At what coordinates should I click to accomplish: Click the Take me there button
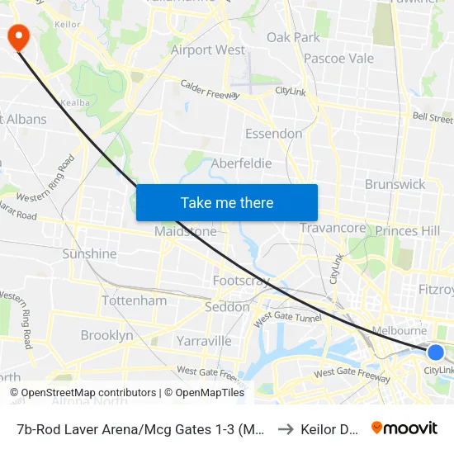(227, 202)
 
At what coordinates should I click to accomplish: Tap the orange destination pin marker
(17, 35)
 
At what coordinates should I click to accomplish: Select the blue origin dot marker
(436, 352)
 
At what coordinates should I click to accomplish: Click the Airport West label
(208, 50)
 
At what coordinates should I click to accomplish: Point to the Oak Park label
(293, 37)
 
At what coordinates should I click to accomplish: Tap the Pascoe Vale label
(338, 59)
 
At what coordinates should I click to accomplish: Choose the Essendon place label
(274, 134)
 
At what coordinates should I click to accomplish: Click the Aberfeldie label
(241, 163)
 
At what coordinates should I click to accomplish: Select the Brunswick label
(395, 184)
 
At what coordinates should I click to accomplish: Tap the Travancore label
(333, 229)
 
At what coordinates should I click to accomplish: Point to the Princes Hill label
(408, 231)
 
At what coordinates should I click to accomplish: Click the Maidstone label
(186, 232)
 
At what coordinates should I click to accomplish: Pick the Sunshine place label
(89, 253)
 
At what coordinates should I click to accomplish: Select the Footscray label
(241, 281)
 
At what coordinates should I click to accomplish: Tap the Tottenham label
(134, 300)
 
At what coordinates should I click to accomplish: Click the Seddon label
(227, 307)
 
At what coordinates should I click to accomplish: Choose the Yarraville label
(204, 340)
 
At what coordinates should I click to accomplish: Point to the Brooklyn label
(106, 335)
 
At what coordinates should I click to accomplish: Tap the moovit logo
(404, 428)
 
